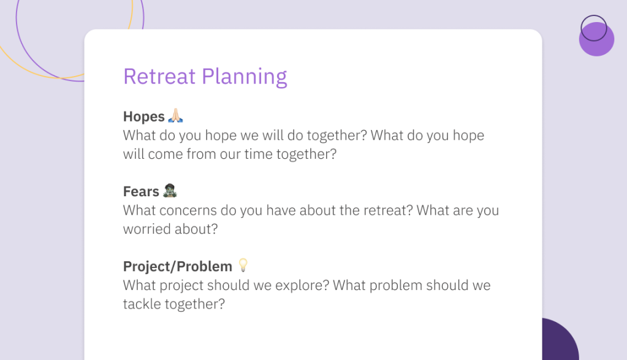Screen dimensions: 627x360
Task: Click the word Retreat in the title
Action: click(x=159, y=77)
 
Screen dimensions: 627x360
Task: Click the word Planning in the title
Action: click(x=245, y=77)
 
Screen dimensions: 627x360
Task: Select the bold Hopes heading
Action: click(x=143, y=117)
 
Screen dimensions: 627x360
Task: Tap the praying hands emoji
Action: click(x=175, y=115)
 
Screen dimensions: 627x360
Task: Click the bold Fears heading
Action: click(x=141, y=191)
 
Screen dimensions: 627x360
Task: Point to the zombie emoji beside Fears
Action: click(x=170, y=190)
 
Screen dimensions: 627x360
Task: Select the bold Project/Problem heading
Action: click(x=178, y=266)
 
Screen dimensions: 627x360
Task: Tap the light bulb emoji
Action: click(x=243, y=265)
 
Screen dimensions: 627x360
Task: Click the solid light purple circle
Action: click(x=596, y=39)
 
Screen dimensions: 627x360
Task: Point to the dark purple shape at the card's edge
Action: click(x=560, y=339)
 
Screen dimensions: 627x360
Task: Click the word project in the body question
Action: click(x=181, y=286)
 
